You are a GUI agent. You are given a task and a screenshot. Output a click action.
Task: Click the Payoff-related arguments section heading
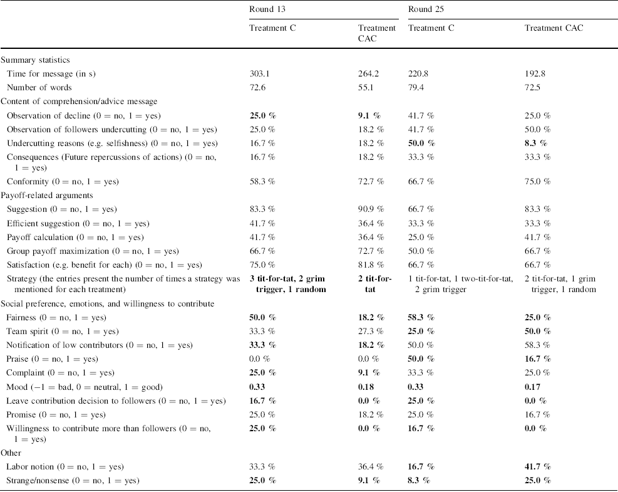click(x=46, y=196)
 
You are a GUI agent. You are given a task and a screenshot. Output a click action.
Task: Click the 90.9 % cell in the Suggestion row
click(x=369, y=209)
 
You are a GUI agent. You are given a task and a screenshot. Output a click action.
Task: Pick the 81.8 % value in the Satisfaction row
click(x=369, y=264)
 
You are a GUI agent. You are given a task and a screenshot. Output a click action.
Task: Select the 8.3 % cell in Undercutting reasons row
click(x=535, y=144)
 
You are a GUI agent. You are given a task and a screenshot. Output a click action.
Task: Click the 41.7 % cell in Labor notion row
click(x=537, y=467)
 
